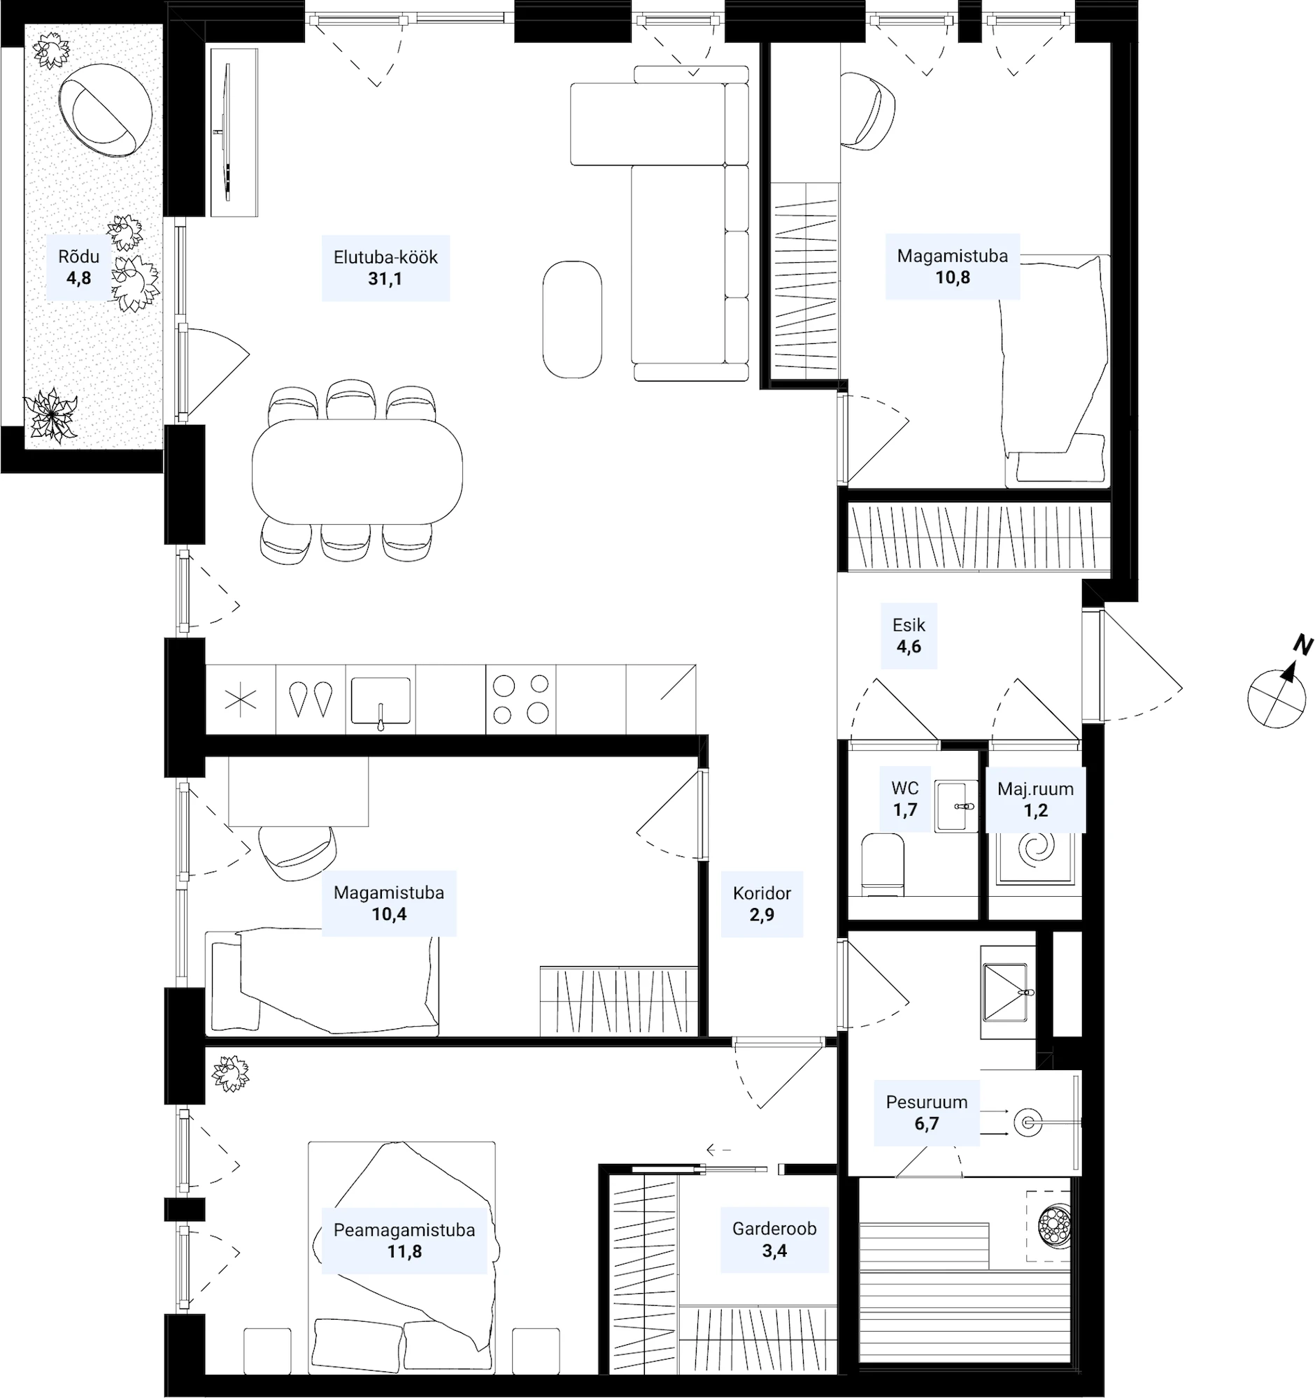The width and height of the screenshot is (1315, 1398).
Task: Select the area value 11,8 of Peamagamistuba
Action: click(x=404, y=1251)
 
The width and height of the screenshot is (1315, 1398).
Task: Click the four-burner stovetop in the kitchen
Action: click(x=520, y=699)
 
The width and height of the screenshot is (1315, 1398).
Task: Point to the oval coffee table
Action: click(x=572, y=319)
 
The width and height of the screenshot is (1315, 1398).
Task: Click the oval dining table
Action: click(x=357, y=471)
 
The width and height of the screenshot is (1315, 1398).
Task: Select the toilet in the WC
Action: click(x=883, y=864)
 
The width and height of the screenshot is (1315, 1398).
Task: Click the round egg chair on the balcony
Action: click(x=105, y=110)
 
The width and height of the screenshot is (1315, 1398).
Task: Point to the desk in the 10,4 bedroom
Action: click(x=298, y=791)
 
